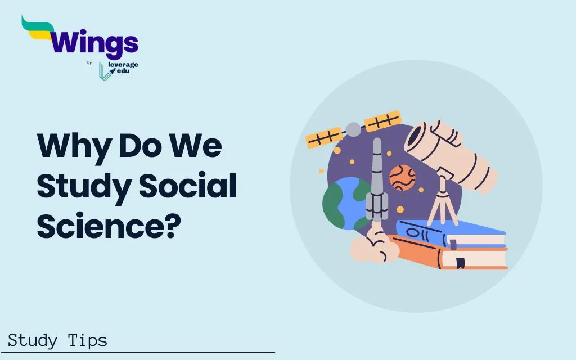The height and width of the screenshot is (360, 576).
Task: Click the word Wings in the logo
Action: coord(93,43)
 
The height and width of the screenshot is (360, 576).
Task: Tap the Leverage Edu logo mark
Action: coord(103,71)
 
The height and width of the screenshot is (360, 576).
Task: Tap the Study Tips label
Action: coord(57,340)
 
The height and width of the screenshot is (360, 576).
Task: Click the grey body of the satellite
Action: coord(353,129)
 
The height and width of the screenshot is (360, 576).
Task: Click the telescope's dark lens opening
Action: coord(417,141)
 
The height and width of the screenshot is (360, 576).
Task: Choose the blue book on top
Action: coord(450,232)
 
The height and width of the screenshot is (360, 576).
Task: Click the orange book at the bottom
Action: coord(450,256)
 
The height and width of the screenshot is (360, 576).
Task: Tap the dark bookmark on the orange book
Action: coord(460,262)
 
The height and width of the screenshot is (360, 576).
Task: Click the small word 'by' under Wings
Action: coord(89,63)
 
